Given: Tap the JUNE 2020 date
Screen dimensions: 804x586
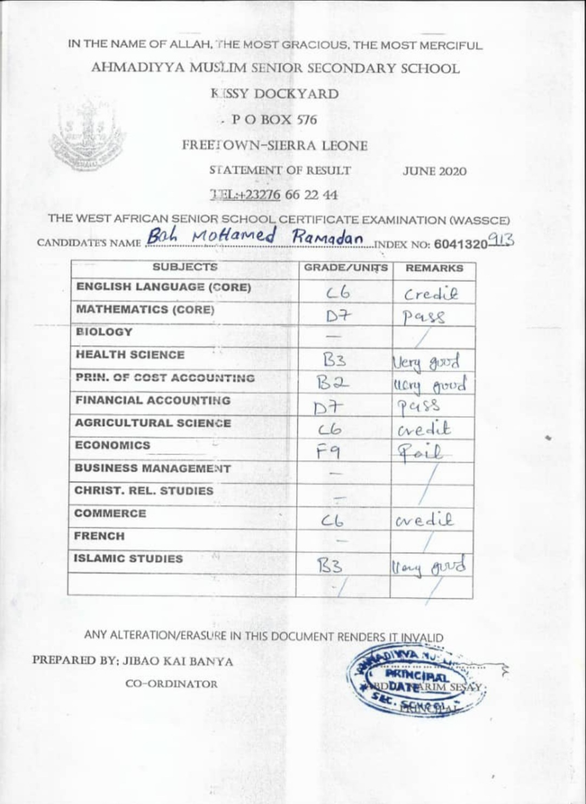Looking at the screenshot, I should [x=434, y=171].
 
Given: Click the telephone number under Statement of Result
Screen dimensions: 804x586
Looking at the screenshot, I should [x=273, y=194].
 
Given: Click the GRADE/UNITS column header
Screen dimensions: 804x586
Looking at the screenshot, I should [x=346, y=268].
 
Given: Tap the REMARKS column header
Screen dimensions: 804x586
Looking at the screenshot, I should [x=434, y=268].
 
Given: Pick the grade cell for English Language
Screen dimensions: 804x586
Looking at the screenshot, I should [x=338, y=293].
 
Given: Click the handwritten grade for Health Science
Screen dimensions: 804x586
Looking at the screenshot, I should [x=334, y=360].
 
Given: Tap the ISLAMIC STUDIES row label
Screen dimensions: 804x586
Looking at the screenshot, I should [x=128, y=558].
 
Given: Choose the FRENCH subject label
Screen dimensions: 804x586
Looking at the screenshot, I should [x=99, y=536].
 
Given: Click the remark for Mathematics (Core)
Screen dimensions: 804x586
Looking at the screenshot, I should [x=424, y=316].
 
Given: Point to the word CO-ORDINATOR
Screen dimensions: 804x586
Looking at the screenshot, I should [x=171, y=684].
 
